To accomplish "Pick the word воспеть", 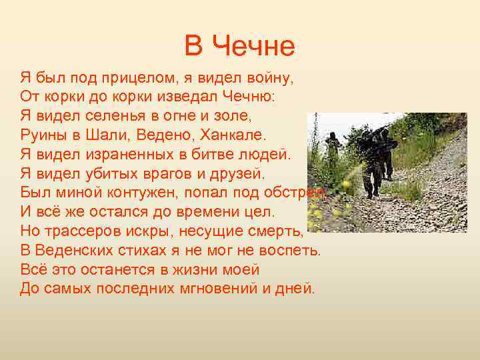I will pos(288,251).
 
